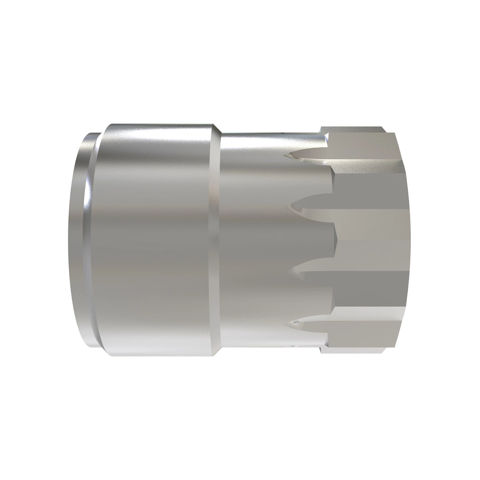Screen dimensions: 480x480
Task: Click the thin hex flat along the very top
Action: [x=352, y=130]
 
